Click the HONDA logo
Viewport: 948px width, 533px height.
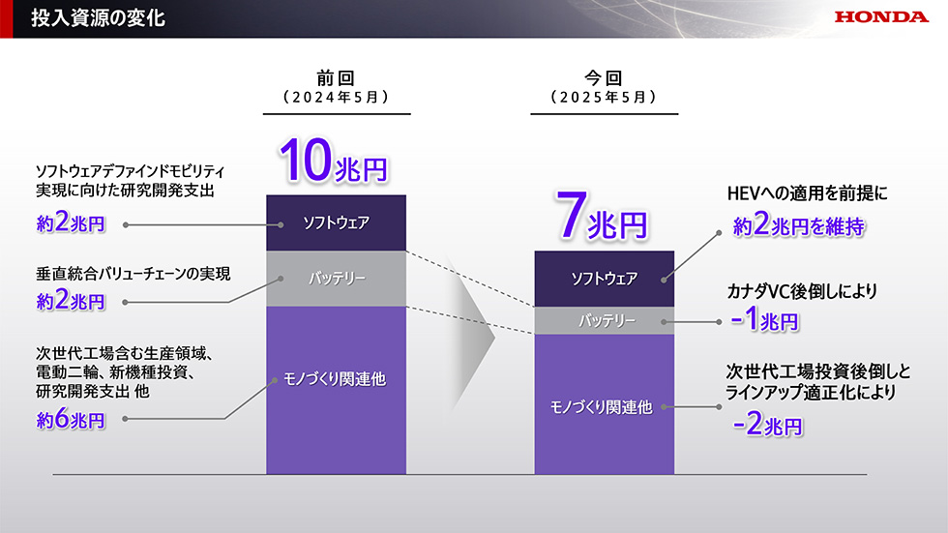click(x=881, y=16)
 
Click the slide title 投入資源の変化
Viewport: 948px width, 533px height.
click(x=98, y=18)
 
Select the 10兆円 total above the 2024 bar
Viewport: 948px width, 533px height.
click(x=333, y=161)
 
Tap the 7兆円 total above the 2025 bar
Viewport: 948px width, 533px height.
click(x=602, y=217)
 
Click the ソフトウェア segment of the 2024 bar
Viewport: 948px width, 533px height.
click(x=337, y=222)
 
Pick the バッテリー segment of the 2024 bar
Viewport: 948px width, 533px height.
click(x=337, y=279)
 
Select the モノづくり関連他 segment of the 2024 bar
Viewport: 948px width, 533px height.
click(x=337, y=391)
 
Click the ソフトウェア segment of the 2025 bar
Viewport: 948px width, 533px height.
click(x=604, y=279)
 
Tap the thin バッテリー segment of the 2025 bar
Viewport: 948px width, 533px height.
click(x=604, y=321)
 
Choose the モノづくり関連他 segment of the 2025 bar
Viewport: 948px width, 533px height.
click(x=604, y=404)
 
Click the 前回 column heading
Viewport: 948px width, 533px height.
click(x=336, y=78)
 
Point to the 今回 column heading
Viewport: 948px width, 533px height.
click(x=604, y=78)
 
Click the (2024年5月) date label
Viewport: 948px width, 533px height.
click(x=337, y=98)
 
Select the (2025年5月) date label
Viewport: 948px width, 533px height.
click(x=604, y=98)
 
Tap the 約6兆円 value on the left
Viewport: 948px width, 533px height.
click(x=71, y=418)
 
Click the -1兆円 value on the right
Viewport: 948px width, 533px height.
click(x=765, y=319)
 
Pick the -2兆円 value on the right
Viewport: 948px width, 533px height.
click(x=768, y=425)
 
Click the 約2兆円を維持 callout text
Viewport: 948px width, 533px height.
click(x=799, y=225)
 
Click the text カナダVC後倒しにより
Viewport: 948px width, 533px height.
click(x=802, y=291)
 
